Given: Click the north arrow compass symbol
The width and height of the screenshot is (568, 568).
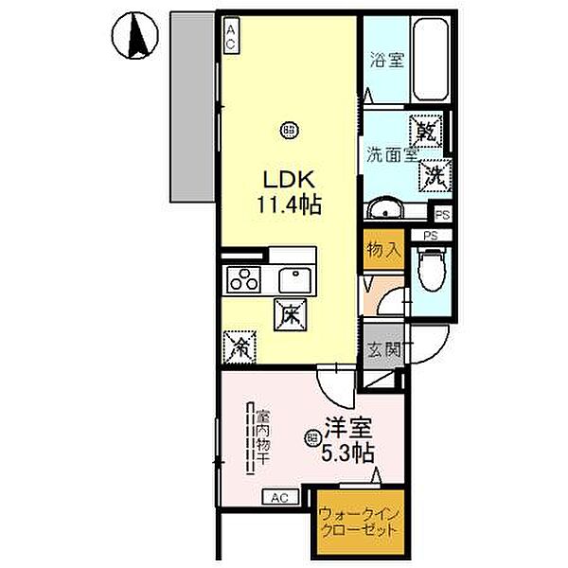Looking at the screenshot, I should (131, 39).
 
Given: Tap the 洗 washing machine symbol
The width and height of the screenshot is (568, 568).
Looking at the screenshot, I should (435, 174).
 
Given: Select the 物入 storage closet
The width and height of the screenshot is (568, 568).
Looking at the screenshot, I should (384, 252).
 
